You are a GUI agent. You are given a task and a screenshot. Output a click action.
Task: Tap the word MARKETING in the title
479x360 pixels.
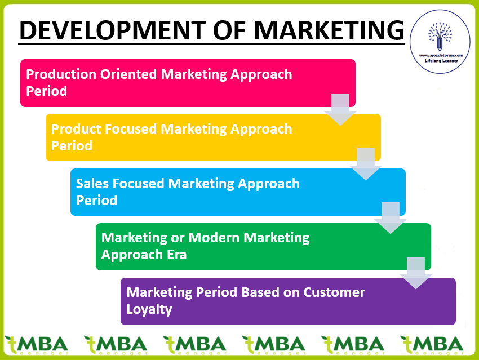[x=329, y=30]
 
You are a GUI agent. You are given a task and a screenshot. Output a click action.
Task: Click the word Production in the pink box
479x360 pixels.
[x=61, y=74]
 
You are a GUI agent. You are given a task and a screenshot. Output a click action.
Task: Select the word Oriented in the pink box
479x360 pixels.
[x=128, y=74]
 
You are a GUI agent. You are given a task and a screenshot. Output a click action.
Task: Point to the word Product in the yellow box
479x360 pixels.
[x=76, y=129]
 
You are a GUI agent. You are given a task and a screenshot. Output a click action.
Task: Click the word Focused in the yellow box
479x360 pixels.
[x=131, y=129]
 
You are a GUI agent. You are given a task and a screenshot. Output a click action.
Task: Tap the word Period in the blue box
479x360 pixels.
[x=96, y=201]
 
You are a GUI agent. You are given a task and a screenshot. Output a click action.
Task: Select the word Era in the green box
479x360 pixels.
[x=176, y=255]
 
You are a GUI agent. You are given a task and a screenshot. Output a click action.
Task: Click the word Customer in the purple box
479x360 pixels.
[x=334, y=292]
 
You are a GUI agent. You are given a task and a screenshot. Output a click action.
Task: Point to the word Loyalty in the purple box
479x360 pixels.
[x=149, y=310]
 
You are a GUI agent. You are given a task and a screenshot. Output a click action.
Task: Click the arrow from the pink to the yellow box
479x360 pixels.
[x=340, y=110]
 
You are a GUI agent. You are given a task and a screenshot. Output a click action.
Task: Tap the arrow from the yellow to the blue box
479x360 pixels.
[x=366, y=165]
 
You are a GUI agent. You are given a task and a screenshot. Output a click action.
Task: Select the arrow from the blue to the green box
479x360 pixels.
[x=391, y=218]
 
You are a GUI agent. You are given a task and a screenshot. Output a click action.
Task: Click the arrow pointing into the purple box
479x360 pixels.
[x=415, y=273]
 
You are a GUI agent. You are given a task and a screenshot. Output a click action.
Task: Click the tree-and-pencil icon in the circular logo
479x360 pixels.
[x=440, y=36]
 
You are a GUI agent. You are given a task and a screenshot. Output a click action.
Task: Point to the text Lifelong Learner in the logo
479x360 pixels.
[x=441, y=61]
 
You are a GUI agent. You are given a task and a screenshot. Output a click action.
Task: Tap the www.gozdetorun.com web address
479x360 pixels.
[x=441, y=55]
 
